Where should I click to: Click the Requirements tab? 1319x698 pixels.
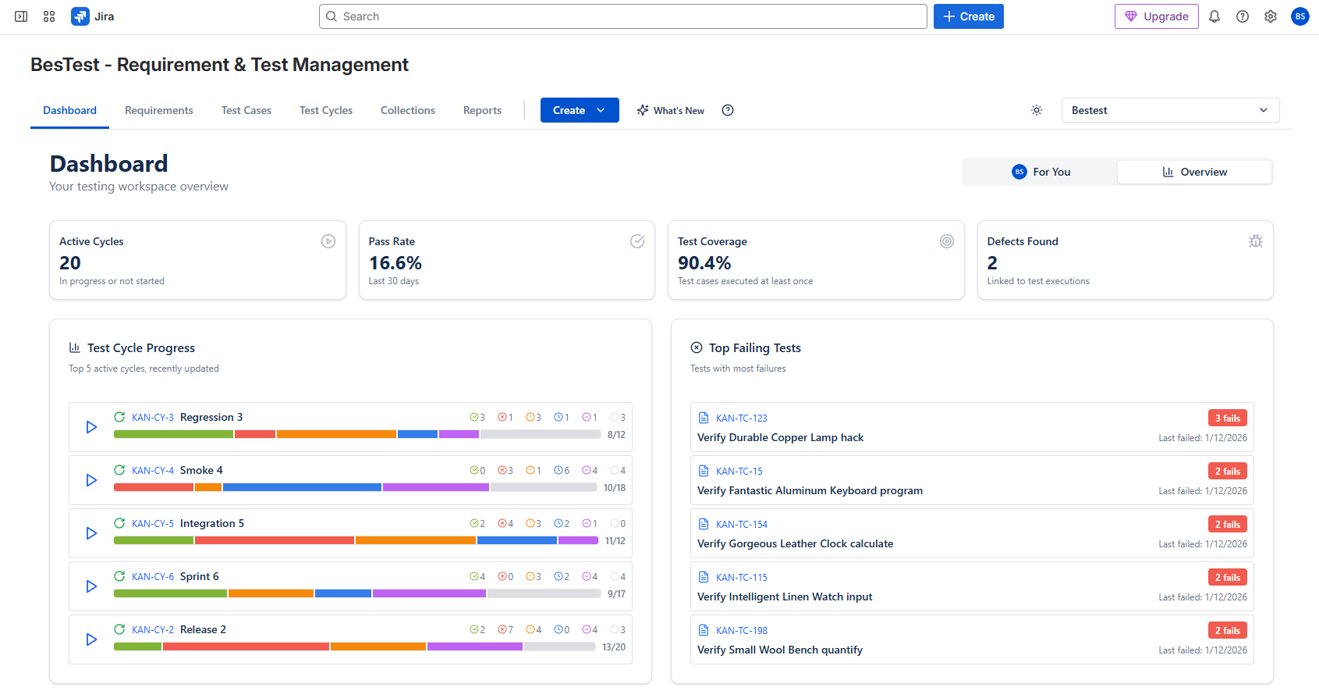pos(158,110)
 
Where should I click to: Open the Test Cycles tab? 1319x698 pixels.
pos(325,110)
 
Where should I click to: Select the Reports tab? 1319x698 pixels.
pos(482,110)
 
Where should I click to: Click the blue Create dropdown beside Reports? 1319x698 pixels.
pos(579,110)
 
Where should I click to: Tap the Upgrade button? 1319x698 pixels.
pos(1156,16)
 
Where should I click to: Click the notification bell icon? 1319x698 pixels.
pos(1214,16)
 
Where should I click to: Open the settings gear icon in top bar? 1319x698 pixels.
pos(1270,16)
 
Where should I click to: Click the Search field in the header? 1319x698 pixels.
pos(622,16)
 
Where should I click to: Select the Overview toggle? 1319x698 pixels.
pos(1194,172)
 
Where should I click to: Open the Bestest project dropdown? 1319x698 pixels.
pos(1169,110)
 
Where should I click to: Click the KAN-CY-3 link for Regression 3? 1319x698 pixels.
pos(153,418)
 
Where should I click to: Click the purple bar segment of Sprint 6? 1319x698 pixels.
pos(429,593)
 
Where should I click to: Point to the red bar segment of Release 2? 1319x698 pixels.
pos(246,646)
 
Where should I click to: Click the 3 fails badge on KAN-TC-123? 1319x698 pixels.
pos(1227,418)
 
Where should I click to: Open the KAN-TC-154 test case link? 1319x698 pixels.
pos(741,525)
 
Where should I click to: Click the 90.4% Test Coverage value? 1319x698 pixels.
pos(704,263)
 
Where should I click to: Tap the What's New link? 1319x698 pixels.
pos(671,110)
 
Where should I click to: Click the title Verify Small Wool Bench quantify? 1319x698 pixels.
pos(779,650)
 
